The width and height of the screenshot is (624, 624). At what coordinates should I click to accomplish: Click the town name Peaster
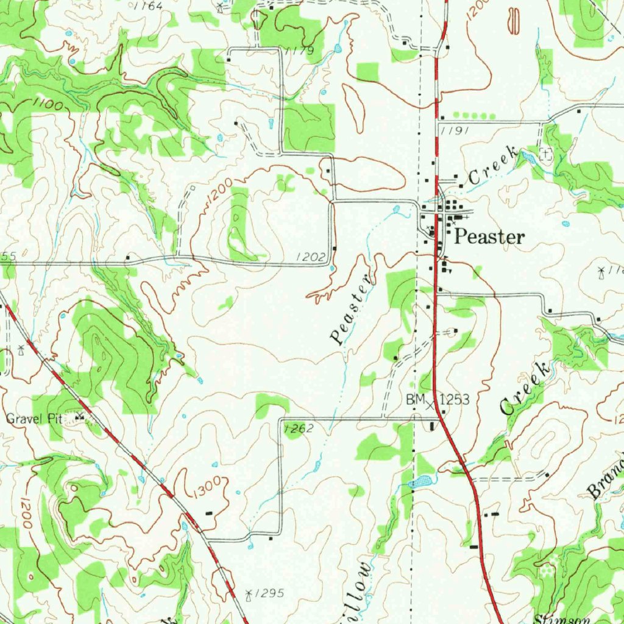coord(489,237)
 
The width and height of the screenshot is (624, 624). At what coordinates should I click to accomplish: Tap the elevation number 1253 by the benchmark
coord(455,400)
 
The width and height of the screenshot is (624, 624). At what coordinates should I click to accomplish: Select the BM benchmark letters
coord(416,400)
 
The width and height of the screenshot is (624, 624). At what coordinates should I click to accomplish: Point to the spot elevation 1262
coord(299,429)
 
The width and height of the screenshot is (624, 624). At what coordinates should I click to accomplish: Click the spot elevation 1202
coord(311,258)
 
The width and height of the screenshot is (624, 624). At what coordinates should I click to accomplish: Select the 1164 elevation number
coord(148,6)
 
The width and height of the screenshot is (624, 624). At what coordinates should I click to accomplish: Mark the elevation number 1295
coord(270,593)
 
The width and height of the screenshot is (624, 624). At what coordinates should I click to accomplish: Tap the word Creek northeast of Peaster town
coord(492,168)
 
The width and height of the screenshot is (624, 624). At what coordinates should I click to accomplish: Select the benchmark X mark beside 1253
coord(431,404)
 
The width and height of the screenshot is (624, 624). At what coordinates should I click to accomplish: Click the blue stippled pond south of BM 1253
coord(420,482)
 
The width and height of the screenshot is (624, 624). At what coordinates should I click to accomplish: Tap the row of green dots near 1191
coord(475,115)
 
